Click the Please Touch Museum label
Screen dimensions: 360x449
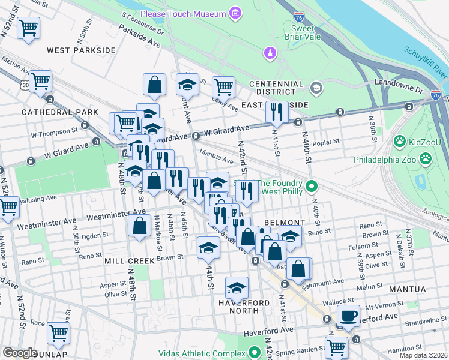click(182, 13)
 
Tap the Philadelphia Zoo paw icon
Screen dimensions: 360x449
click(426, 159)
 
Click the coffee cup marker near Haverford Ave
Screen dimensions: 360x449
click(348, 315)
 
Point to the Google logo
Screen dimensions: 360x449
click(20, 353)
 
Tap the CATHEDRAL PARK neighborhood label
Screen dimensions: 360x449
click(51, 112)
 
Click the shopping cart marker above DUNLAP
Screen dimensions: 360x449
click(59, 333)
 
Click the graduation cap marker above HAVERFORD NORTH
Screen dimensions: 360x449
click(237, 287)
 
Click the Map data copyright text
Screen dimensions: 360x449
click(424, 355)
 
